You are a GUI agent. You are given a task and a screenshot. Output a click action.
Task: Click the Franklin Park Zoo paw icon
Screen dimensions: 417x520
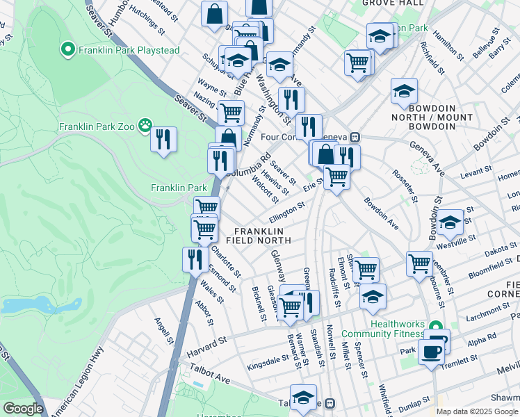(x=145, y=126)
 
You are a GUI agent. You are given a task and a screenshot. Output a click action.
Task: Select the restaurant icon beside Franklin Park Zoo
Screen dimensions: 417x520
(x=163, y=140)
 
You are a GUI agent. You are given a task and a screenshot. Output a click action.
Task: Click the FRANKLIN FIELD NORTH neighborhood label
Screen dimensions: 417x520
(x=261, y=235)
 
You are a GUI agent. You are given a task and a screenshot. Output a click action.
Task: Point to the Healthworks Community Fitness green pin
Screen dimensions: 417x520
(x=435, y=325)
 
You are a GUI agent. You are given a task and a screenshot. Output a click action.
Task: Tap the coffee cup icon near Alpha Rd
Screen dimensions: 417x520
(x=431, y=351)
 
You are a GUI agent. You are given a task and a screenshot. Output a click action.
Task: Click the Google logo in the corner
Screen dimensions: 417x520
(x=22, y=409)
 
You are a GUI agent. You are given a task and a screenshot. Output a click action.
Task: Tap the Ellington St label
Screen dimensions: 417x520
(x=288, y=211)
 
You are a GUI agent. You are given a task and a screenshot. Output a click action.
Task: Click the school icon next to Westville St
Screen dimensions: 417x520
(x=450, y=222)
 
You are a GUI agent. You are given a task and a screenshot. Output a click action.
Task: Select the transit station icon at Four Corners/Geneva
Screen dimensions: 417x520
(x=355, y=137)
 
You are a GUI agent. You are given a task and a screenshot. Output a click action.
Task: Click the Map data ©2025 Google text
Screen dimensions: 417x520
(x=477, y=411)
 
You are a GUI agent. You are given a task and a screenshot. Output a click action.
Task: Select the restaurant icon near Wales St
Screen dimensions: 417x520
(x=195, y=259)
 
